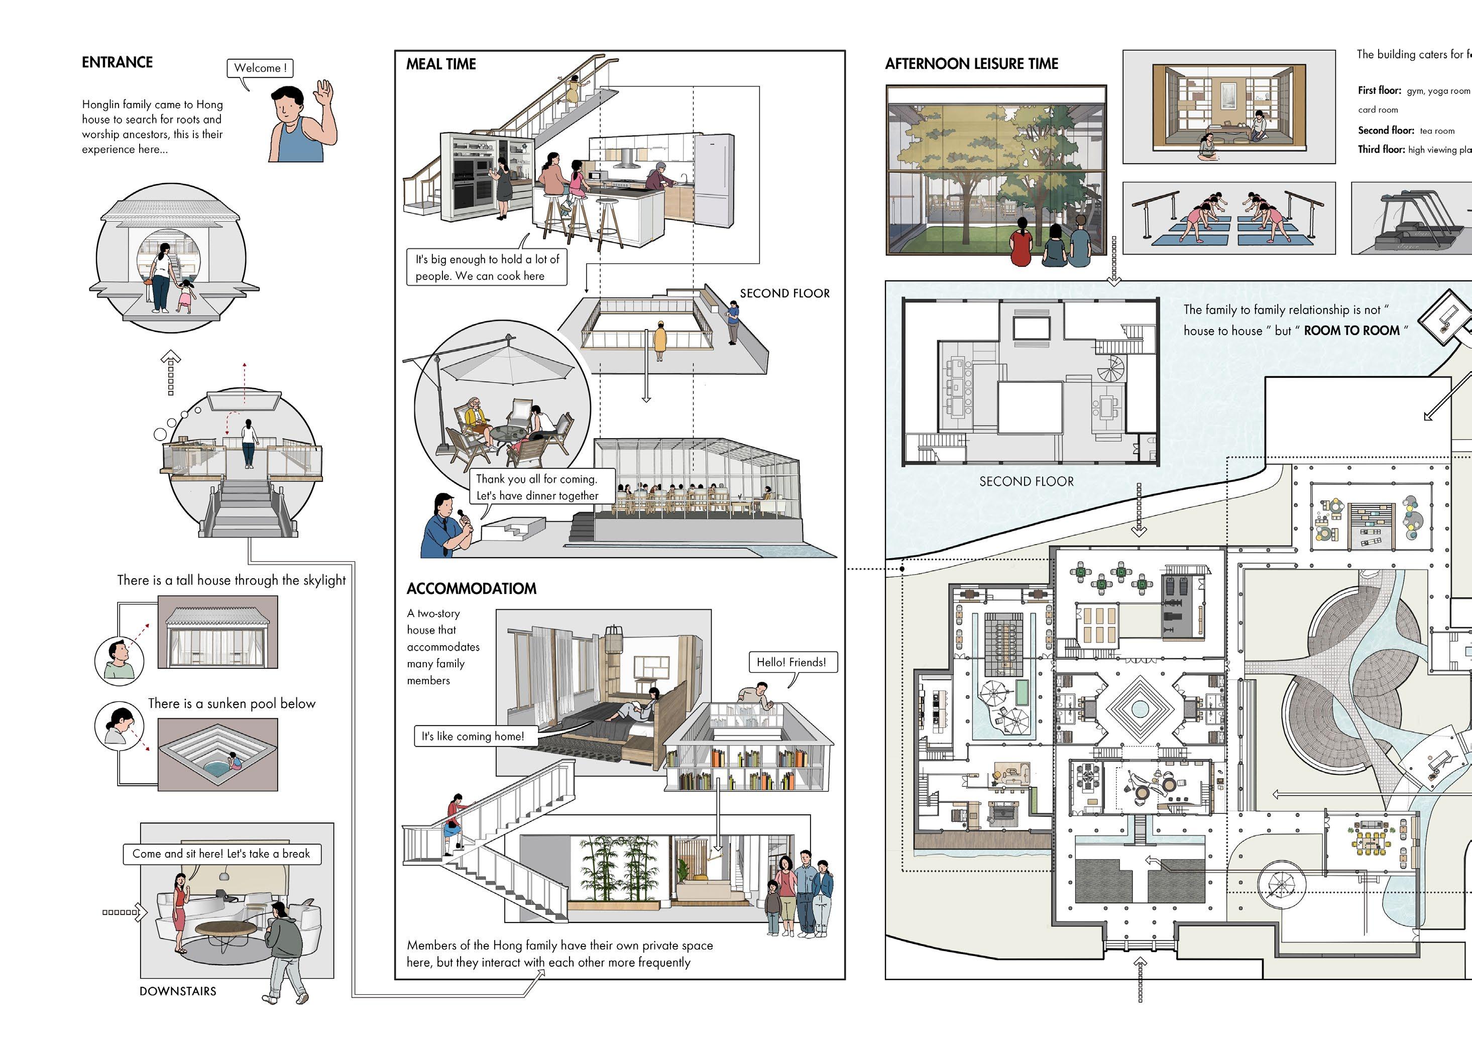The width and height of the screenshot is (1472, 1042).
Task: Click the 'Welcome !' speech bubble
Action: click(260, 68)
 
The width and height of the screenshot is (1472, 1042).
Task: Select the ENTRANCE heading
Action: click(118, 62)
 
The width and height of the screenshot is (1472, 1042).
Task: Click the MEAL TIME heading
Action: click(441, 64)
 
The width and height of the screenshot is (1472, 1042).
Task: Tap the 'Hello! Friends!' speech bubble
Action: click(791, 662)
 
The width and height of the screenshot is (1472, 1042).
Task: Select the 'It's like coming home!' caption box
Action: click(473, 736)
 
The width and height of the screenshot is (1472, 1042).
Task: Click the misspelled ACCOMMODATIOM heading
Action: click(472, 588)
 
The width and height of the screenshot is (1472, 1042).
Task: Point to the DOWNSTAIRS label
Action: click(178, 991)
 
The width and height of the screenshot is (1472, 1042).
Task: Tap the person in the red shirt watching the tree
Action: click(1021, 243)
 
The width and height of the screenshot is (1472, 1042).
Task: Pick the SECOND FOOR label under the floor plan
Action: click(1026, 481)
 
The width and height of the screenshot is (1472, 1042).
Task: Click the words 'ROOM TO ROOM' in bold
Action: click(1351, 331)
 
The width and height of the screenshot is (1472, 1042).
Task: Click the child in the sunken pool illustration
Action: click(235, 762)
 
